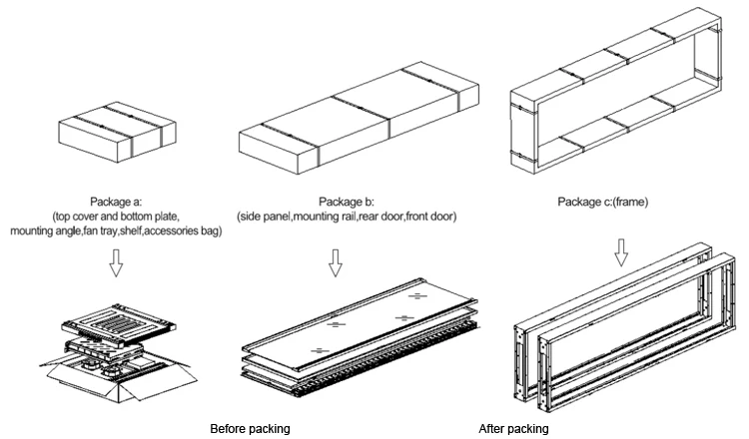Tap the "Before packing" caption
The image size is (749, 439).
point(250,429)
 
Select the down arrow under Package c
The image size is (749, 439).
point(622,252)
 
